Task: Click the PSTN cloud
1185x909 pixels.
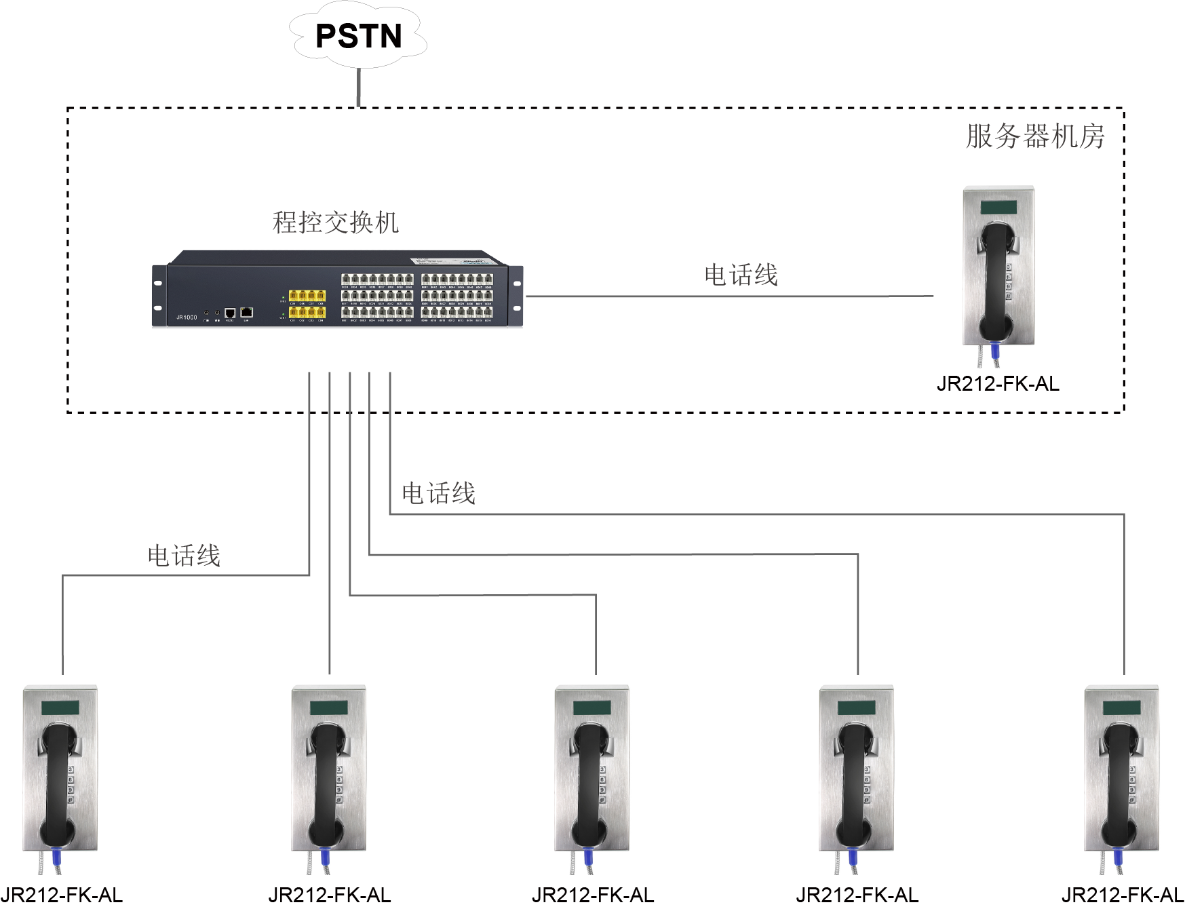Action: tap(358, 36)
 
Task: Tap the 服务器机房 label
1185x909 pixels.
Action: tap(1035, 136)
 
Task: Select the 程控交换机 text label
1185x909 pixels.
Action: tap(335, 223)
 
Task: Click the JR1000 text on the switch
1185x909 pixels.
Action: tap(187, 317)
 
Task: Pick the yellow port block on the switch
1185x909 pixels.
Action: tap(307, 304)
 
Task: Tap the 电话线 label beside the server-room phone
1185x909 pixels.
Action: tap(741, 275)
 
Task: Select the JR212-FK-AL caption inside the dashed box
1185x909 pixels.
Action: tap(997, 384)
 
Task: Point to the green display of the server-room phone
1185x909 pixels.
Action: tap(998, 207)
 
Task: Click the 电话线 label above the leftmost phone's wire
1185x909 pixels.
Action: tap(184, 556)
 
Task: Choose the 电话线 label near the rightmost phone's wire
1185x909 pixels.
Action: tap(438, 493)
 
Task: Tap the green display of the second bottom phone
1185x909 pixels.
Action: tap(329, 708)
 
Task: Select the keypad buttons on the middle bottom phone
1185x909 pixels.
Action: tap(603, 785)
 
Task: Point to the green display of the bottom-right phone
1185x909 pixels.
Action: tap(1121, 708)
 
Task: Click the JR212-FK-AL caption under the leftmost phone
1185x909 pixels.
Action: tap(62, 895)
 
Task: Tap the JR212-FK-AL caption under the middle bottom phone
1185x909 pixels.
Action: tap(593, 895)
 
